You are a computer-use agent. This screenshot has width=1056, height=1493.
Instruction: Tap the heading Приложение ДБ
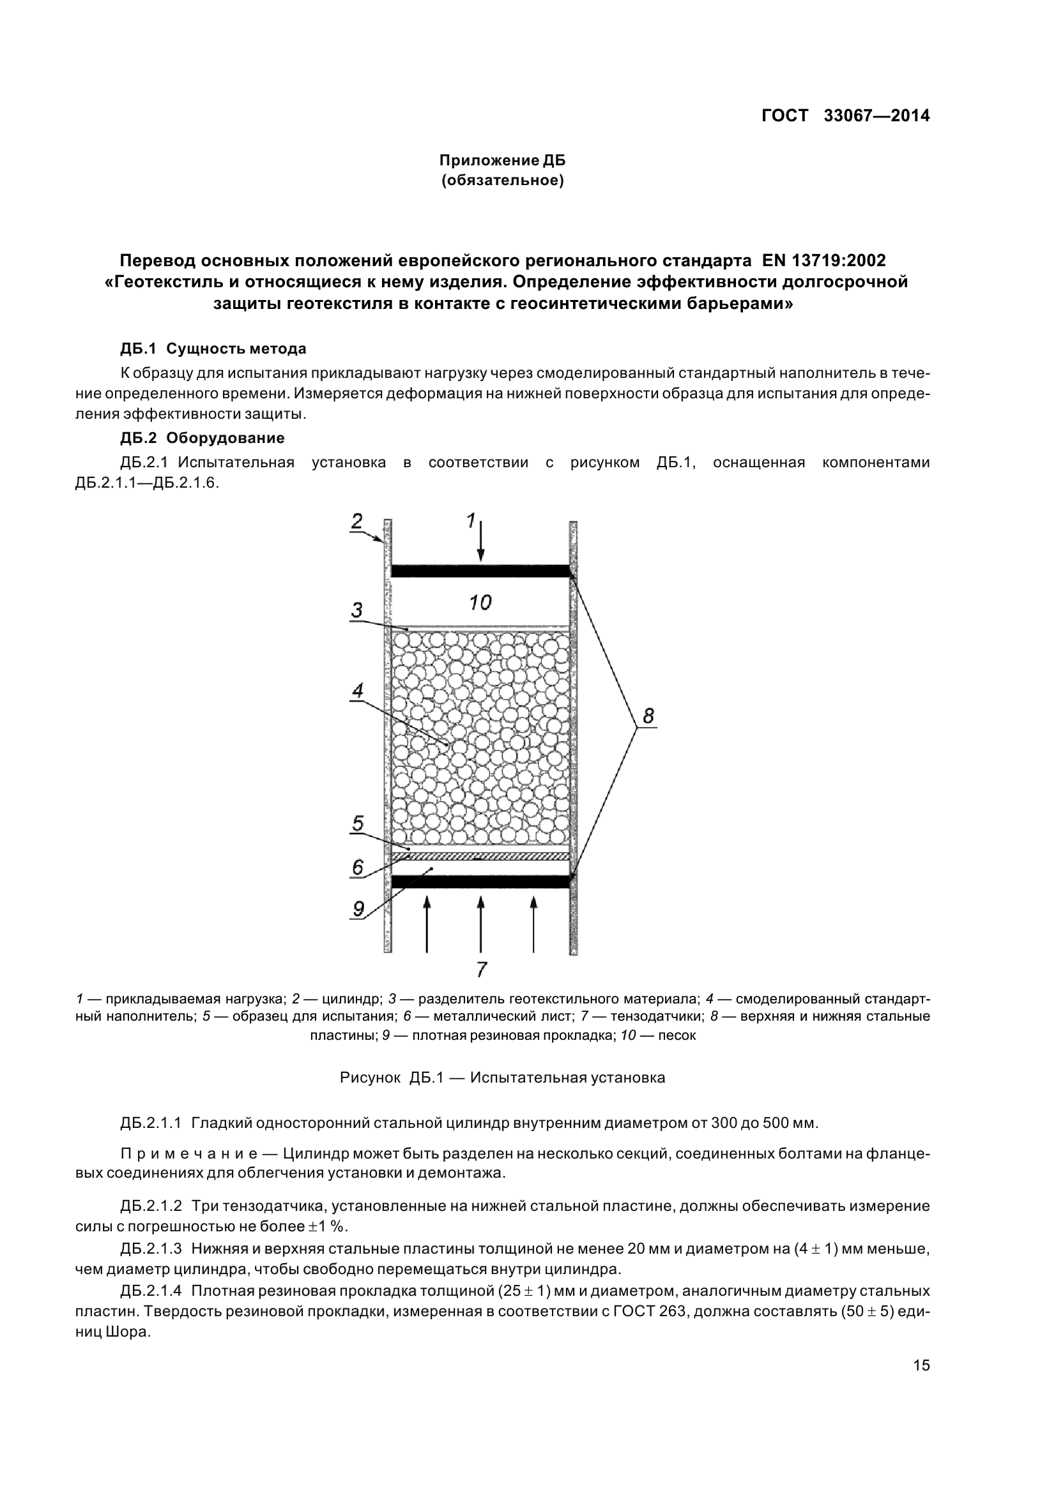[502, 160]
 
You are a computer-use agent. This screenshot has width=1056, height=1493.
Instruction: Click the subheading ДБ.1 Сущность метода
[213, 349]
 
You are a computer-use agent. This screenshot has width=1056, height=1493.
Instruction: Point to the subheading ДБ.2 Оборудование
[202, 438]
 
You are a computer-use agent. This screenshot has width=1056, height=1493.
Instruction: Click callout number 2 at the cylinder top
[356, 521]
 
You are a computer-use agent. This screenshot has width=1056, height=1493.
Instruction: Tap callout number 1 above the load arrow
[471, 520]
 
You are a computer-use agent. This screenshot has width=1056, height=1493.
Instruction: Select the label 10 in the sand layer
[480, 603]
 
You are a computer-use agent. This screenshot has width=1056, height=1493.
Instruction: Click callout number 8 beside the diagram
[648, 716]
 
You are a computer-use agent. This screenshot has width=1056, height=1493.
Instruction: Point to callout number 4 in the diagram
[357, 691]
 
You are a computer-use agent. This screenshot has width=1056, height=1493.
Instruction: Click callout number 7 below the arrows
[481, 970]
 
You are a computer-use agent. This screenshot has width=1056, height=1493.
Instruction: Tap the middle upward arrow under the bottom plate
[480, 924]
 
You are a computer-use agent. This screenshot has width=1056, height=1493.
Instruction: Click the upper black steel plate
[480, 571]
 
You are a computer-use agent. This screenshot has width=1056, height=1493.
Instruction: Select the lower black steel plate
[480, 882]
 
